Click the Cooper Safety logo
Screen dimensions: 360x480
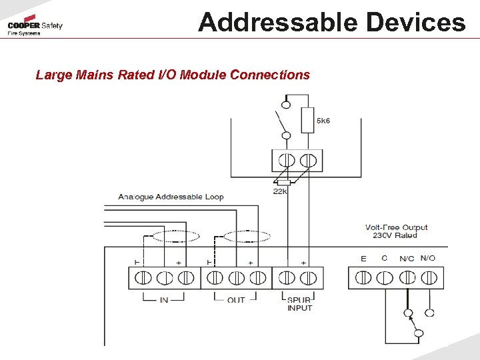(35, 27)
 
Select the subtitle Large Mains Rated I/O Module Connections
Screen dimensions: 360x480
(173, 75)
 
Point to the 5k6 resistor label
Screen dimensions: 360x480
(323, 121)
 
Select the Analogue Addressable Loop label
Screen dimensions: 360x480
(171, 197)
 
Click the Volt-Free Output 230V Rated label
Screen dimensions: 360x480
(396, 231)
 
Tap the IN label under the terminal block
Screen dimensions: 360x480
(164, 300)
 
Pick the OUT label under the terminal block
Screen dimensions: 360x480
(236, 300)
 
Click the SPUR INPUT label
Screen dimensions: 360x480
(299, 304)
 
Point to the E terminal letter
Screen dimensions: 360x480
(363, 259)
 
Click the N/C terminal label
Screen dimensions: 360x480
(407, 259)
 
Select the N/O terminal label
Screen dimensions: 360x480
(428, 258)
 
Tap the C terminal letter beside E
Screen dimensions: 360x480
(384, 259)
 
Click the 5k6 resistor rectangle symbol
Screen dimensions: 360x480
(307, 121)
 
